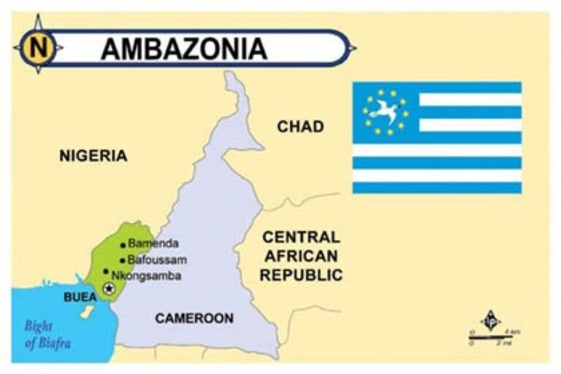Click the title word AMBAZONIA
click(x=183, y=48)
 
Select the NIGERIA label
click(x=93, y=156)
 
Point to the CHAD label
click(x=300, y=127)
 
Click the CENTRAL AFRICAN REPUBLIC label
click(x=301, y=256)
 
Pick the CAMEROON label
click(x=194, y=318)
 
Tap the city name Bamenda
click(x=153, y=244)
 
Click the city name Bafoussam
click(x=157, y=259)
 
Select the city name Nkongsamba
click(x=147, y=275)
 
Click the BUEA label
click(x=80, y=297)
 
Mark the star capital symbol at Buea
click(x=110, y=289)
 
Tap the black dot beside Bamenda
click(x=123, y=245)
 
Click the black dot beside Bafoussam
click(x=122, y=259)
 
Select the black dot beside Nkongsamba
click(x=106, y=271)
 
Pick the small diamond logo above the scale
click(x=489, y=321)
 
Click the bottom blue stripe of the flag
click(x=437, y=188)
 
